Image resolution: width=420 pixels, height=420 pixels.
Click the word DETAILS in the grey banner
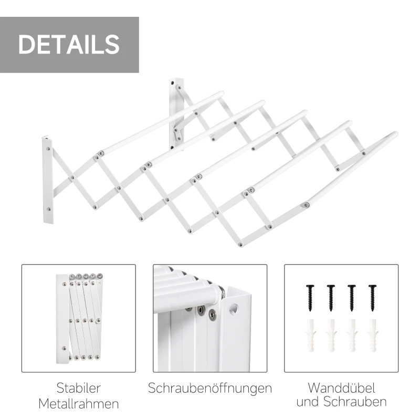click(69, 45)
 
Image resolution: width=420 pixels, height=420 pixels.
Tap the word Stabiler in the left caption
click(79, 388)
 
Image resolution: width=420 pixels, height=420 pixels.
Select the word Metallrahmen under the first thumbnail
click(79, 403)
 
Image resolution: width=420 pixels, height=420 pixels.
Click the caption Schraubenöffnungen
click(210, 388)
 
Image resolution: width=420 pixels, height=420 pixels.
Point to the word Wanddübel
click(341, 388)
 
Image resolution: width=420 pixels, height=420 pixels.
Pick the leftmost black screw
click(310, 297)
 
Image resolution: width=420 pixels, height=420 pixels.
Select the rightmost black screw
click(373, 297)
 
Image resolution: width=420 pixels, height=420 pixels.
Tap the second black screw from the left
click(331, 297)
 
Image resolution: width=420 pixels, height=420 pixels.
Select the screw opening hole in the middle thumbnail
click(234, 309)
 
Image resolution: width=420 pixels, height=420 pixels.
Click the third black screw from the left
click(352, 297)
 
